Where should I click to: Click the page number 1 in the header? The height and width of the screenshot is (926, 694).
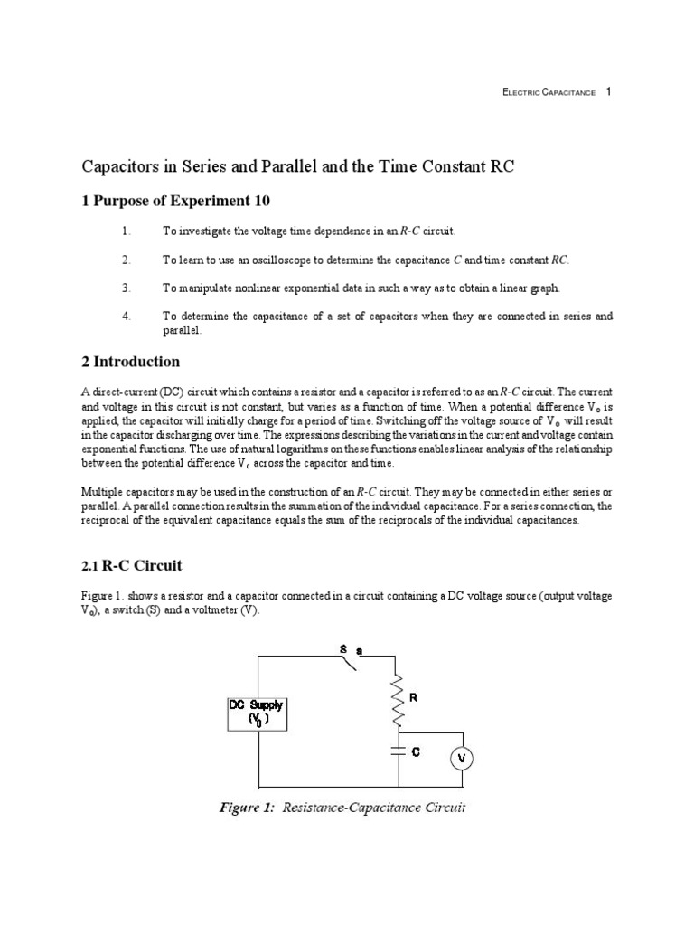(x=609, y=92)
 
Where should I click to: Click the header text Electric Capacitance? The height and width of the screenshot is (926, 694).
(x=549, y=93)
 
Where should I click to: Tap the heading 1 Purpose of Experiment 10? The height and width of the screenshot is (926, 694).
(x=176, y=201)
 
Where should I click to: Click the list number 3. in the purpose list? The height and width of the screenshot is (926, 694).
(x=127, y=288)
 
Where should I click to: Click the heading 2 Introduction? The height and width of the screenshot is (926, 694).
(x=131, y=362)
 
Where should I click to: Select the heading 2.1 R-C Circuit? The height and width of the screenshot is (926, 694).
(x=133, y=566)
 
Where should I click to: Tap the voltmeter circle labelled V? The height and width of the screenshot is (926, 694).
(x=462, y=758)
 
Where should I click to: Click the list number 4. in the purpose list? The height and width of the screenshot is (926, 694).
(x=127, y=316)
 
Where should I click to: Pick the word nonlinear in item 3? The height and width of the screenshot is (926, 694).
(x=259, y=288)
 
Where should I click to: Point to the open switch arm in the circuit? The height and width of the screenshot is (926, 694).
(x=345, y=664)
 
